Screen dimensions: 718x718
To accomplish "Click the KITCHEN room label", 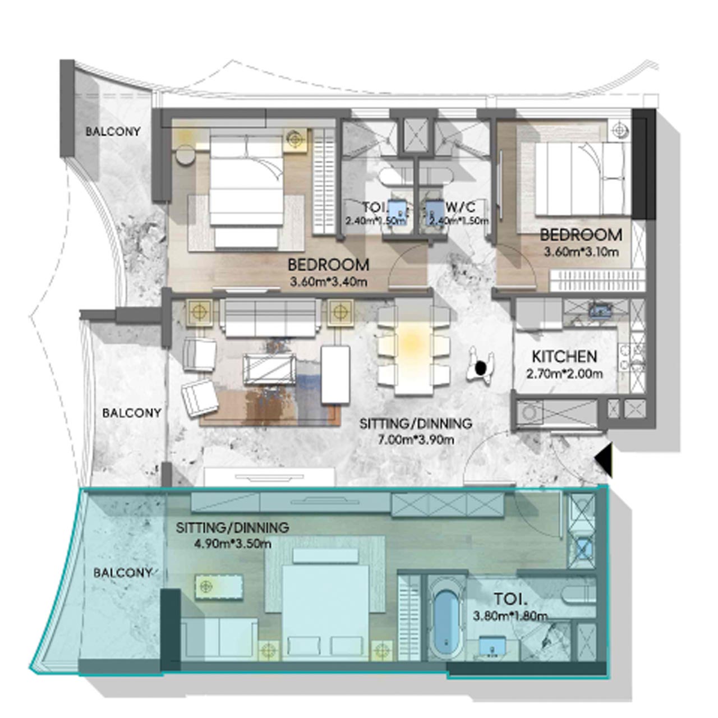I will [564, 356].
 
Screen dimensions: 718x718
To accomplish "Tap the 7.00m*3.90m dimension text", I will [415, 439].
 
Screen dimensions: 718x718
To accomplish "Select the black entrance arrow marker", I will [604, 459].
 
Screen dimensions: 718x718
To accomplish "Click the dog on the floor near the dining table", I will [481, 367].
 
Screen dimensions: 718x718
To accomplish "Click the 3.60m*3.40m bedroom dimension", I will [329, 282].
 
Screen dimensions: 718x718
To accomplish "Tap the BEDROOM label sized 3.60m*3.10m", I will [581, 234].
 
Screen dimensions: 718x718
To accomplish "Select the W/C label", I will [461, 206].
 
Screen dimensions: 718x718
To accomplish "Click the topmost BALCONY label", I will [113, 132].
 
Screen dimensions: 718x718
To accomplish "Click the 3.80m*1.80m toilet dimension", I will [510, 616].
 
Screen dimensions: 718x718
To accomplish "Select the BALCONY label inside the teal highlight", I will [123, 573].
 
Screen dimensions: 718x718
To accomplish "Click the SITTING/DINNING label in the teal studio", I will [232, 528].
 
